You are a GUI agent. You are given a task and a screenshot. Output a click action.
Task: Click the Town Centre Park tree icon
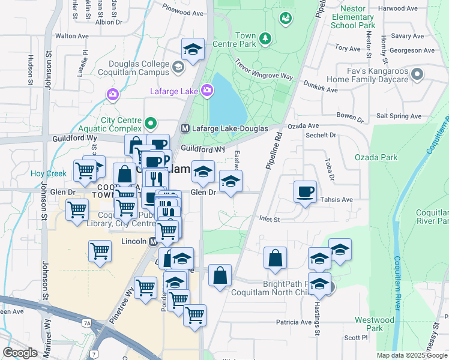265,40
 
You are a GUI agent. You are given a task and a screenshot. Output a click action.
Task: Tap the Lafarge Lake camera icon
207,91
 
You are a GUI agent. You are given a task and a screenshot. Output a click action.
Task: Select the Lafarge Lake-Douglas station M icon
185,128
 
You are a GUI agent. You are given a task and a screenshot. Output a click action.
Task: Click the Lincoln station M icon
152,241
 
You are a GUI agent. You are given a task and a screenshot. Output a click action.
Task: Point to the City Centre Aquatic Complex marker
151,125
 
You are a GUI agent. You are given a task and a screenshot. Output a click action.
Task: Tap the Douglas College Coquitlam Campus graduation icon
178,67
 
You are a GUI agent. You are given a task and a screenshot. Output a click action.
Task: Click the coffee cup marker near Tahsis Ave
306,192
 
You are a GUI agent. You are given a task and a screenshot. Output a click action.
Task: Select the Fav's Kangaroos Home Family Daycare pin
418,74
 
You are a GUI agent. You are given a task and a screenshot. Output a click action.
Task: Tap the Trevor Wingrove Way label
264,69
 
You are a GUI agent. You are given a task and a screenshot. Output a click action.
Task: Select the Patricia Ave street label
294,322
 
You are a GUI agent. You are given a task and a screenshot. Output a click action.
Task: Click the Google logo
19,353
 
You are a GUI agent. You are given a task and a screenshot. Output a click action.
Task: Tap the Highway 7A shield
87,323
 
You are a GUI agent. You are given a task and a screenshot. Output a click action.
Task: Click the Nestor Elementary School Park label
357,17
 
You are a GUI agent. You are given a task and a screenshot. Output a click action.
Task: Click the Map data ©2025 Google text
411,355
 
